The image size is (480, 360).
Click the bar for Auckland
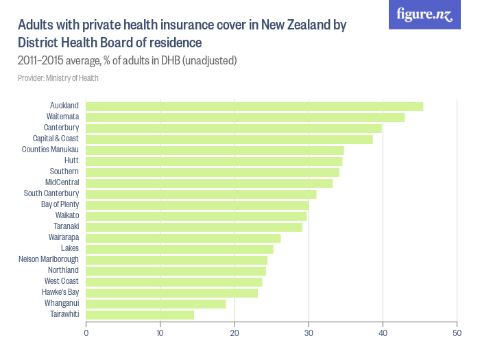point(254,106)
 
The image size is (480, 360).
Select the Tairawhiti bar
point(140,315)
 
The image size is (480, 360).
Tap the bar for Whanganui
point(156,304)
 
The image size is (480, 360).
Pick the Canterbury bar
point(234,128)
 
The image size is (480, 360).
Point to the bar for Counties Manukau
point(215,150)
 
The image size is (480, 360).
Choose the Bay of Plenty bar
point(197,205)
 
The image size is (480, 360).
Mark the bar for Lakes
point(180,249)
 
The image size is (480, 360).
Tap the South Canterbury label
point(51,193)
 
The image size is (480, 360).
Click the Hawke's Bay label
point(60,292)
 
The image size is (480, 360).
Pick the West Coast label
point(62,281)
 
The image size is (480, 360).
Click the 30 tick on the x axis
point(309,334)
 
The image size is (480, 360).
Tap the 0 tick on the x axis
point(86,334)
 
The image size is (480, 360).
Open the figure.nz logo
point(424,14)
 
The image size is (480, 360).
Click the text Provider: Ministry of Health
point(58,78)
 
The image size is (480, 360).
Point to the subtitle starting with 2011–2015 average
point(128,61)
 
